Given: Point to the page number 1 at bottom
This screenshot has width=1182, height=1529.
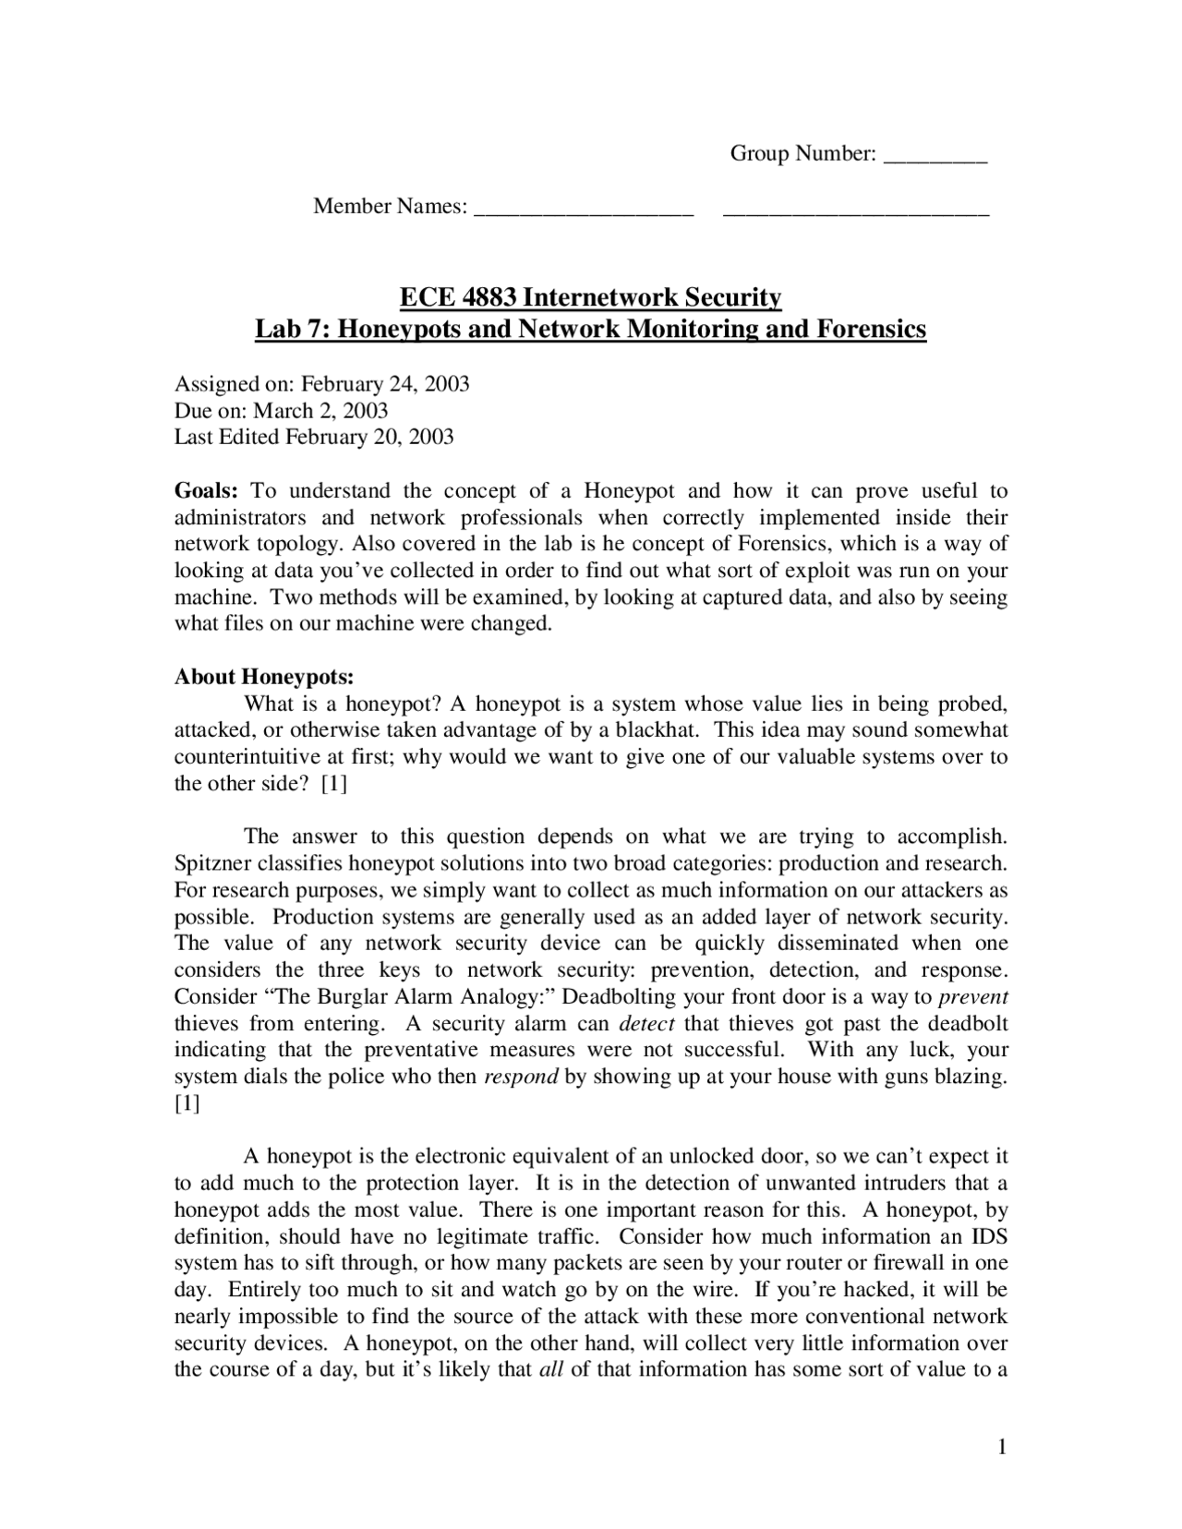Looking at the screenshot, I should point(1001,1447).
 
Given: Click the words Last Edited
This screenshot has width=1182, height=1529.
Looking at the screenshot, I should point(226,438).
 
